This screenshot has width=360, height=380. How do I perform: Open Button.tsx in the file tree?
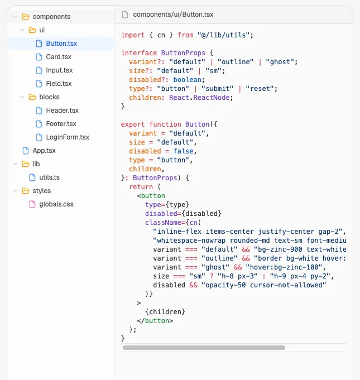point(61,44)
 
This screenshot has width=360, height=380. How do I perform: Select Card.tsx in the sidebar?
point(59,57)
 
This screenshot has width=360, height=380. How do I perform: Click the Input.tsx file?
point(59,70)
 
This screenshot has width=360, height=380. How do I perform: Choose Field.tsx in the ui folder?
point(59,84)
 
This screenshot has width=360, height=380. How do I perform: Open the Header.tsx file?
point(62,110)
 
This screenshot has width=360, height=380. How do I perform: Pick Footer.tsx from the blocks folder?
point(61,124)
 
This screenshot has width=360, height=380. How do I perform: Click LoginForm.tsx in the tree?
point(68,137)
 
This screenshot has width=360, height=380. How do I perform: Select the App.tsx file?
point(44,151)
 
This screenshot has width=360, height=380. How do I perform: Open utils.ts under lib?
point(49,177)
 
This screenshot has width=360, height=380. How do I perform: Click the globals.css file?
point(56,204)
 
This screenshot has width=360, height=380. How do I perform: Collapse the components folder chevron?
point(15,17)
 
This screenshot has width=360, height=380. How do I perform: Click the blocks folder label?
point(49,97)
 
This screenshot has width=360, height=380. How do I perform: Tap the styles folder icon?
point(25,191)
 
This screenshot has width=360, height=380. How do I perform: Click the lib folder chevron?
point(15,164)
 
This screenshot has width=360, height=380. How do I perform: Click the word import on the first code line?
point(133,35)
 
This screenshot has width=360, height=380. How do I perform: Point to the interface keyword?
point(139,53)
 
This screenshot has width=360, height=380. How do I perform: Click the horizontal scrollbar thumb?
point(204,348)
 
